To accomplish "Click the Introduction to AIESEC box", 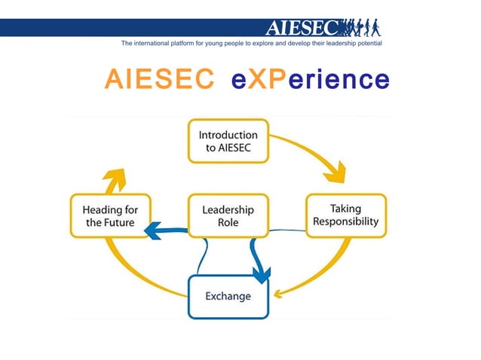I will click(228, 141).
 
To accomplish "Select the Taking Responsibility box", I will click(345, 215).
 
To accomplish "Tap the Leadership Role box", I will click(228, 216).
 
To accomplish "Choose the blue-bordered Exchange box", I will click(228, 296).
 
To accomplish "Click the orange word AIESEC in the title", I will click(159, 78).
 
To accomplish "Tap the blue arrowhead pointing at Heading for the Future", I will click(154, 230).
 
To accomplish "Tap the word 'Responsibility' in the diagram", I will click(345, 223).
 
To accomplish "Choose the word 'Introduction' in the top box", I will click(228, 135).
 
